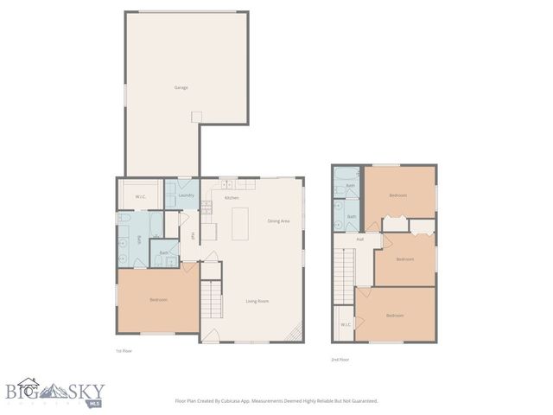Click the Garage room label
click(x=181, y=87)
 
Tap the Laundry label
click(x=186, y=195)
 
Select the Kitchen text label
click(x=232, y=198)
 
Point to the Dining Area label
click(x=278, y=220)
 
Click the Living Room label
click(x=257, y=301)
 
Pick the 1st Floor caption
click(x=124, y=350)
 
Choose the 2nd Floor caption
click(x=340, y=359)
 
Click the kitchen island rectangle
click(x=238, y=224)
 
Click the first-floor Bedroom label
click(x=158, y=300)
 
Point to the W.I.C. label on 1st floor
click(x=141, y=196)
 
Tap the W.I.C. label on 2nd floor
click(x=344, y=324)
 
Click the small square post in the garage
click(x=196, y=115)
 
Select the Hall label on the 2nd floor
click(x=359, y=239)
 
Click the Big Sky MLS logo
click(x=55, y=394)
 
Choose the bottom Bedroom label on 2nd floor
click(x=395, y=316)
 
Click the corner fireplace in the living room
click(x=296, y=333)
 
